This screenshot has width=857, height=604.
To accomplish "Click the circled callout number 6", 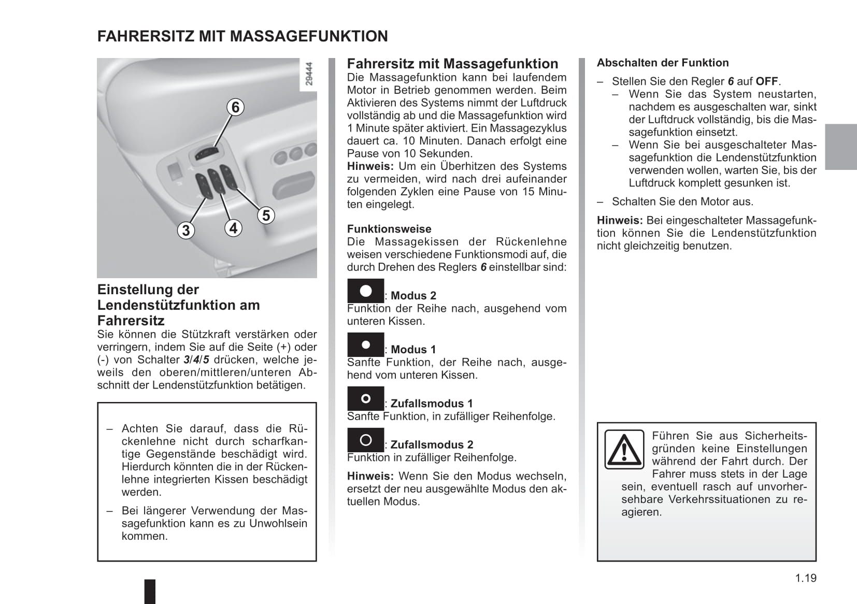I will (x=235, y=107).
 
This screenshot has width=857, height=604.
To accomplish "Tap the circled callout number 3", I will (x=186, y=230).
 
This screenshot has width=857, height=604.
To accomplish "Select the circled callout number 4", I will (x=233, y=228).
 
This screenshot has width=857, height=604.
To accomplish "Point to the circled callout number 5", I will (x=266, y=215).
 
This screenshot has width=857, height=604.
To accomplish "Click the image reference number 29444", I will (x=309, y=74).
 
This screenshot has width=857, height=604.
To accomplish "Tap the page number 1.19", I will (x=806, y=578).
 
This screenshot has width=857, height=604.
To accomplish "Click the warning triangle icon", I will (x=624, y=449).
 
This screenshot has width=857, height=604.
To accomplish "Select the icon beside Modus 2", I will (x=365, y=291).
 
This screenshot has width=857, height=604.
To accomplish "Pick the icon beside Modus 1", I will (x=365, y=344).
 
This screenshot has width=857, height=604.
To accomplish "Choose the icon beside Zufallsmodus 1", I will (x=365, y=398).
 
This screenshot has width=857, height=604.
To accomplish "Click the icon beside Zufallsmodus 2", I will (x=365, y=440).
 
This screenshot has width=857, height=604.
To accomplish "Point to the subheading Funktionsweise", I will (x=389, y=229).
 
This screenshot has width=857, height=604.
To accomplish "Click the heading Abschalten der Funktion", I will (x=663, y=63).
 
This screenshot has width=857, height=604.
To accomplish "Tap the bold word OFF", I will (x=767, y=81).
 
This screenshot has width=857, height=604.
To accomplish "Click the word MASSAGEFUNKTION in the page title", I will (x=309, y=36).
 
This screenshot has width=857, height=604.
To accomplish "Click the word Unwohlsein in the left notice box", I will (x=278, y=523).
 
